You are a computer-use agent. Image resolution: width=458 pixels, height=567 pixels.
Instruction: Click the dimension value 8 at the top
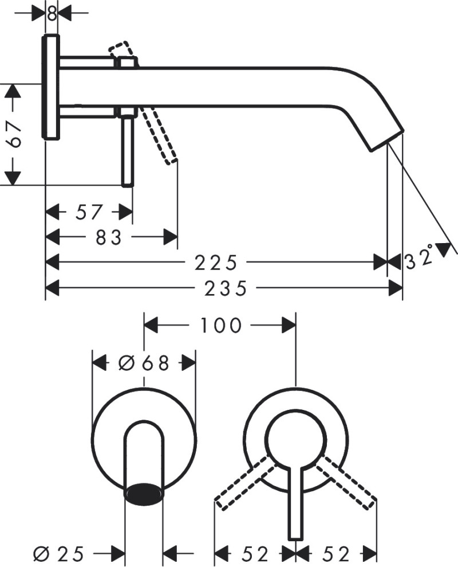52,12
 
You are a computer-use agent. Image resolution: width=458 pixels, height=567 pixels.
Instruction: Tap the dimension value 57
89,213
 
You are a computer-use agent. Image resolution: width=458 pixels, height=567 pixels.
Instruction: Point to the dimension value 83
109,237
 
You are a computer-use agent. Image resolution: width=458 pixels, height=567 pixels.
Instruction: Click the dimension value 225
215,263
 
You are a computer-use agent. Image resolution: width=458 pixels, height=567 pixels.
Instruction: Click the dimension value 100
220,325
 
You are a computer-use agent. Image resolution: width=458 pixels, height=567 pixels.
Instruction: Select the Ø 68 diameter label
144,363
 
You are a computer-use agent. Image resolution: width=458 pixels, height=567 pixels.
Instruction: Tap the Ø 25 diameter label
60,554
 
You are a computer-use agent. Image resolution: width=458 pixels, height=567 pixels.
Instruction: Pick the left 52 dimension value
255,554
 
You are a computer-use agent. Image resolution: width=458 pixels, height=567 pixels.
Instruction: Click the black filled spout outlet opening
143,492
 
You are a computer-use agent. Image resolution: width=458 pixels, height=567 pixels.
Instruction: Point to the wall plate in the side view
52,87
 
